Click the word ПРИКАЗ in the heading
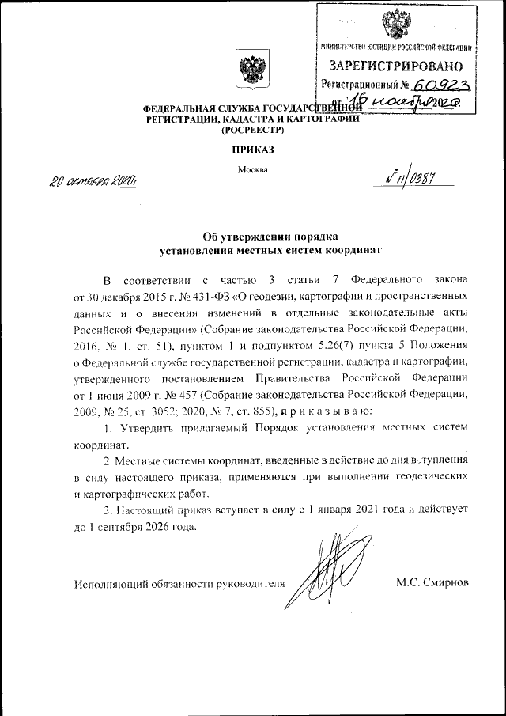tap(253, 150)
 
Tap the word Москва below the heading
tap(253, 169)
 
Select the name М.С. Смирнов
tap(432, 583)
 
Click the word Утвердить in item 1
tap(151, 428)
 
